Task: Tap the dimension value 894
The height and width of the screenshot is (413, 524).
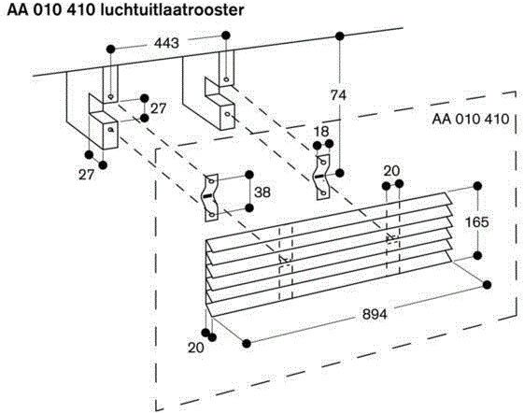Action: click(376, 314)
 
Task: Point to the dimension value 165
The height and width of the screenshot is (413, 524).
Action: click(478, 222)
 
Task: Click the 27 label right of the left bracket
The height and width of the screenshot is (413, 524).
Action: click(158, 107)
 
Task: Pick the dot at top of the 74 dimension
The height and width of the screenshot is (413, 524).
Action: click(339, 36)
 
